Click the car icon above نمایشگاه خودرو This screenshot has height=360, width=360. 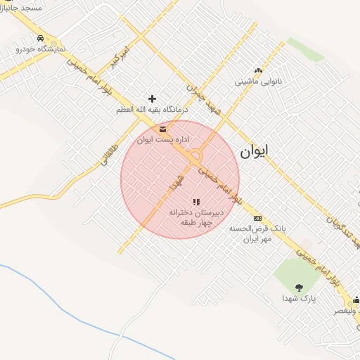coord(40,37)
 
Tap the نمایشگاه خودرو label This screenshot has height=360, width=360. coord(41,49)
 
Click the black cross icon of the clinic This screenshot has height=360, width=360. coord(152,98)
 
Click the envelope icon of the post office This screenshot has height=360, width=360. coord(163,129)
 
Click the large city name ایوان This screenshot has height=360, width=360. coord(254,151)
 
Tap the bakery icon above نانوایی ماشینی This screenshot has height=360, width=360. coord(258,70)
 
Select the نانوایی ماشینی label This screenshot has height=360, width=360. coord(258,82)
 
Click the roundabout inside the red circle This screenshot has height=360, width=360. coord(195,156)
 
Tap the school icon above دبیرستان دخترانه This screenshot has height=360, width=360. coord(196,202)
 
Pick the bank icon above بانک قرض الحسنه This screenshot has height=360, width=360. coord(257,218)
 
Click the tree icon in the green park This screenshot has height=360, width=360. coord(299,287)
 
